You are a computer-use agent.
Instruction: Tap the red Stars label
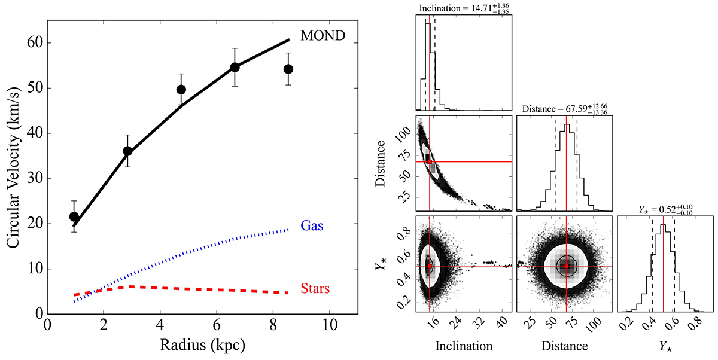(x=317, y=290)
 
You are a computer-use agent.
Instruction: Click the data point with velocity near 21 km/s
(x=74, y=216)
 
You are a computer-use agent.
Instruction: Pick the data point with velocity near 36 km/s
(x=127, y=151)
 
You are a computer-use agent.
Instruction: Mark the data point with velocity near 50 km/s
(x=181, y=90)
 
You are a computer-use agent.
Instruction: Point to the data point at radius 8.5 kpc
(x=288, y=69)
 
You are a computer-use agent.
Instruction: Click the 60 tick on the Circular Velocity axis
(x=34, y=43)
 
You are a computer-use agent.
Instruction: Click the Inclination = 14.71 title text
(x=464, y=8)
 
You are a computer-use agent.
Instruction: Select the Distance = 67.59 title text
(x=564, y=109)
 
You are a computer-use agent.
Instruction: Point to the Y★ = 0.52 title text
(x=664, y=210)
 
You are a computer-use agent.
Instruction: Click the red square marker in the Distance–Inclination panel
(x=430, y=161)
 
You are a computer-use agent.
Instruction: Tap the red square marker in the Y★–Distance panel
(x=566, y=266)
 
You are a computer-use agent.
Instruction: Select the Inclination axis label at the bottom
(x=464, y=346)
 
